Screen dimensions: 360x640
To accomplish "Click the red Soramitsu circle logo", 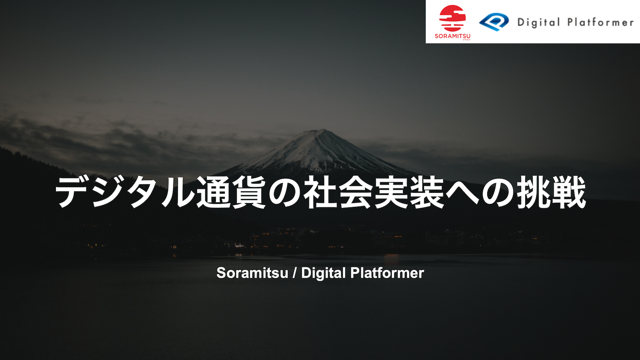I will (452, 18).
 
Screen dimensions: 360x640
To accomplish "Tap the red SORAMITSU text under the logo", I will (452, 36).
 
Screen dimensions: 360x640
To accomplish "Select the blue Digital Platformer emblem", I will (494, 22).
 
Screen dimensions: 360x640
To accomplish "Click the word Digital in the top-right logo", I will (538, 22).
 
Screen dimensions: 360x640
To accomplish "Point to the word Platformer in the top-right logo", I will (600, 22).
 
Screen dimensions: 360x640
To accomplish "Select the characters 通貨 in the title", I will (231, 193).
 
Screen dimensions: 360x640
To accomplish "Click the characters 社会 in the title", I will (338, 193).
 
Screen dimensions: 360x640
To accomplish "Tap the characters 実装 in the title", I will (410, 193).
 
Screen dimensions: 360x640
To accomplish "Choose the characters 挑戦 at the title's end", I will (551, 193).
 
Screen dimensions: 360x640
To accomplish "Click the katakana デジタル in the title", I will (125, 193).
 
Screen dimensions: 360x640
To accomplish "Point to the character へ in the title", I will (463, 193).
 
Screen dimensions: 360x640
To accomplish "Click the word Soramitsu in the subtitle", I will (252, 273).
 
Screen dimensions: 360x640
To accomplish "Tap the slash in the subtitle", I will (295, 273).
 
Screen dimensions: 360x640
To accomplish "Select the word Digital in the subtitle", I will (323, 273).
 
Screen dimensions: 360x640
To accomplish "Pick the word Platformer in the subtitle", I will (387, 273).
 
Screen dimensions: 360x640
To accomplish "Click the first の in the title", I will (285, 193).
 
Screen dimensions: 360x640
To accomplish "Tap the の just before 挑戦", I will (498, 193).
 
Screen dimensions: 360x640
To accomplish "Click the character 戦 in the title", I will (569, 193).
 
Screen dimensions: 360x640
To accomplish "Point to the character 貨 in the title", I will (249, 193).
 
